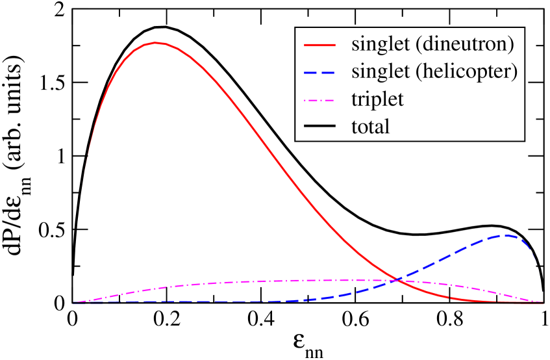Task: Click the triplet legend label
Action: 377,99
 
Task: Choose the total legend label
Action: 370,126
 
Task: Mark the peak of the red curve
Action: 156,43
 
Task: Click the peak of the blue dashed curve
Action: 506,235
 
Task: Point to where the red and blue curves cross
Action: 395,280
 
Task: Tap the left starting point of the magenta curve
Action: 74,302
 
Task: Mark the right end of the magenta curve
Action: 543,302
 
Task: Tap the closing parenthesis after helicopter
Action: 515,72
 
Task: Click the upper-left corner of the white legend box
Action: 296,28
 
